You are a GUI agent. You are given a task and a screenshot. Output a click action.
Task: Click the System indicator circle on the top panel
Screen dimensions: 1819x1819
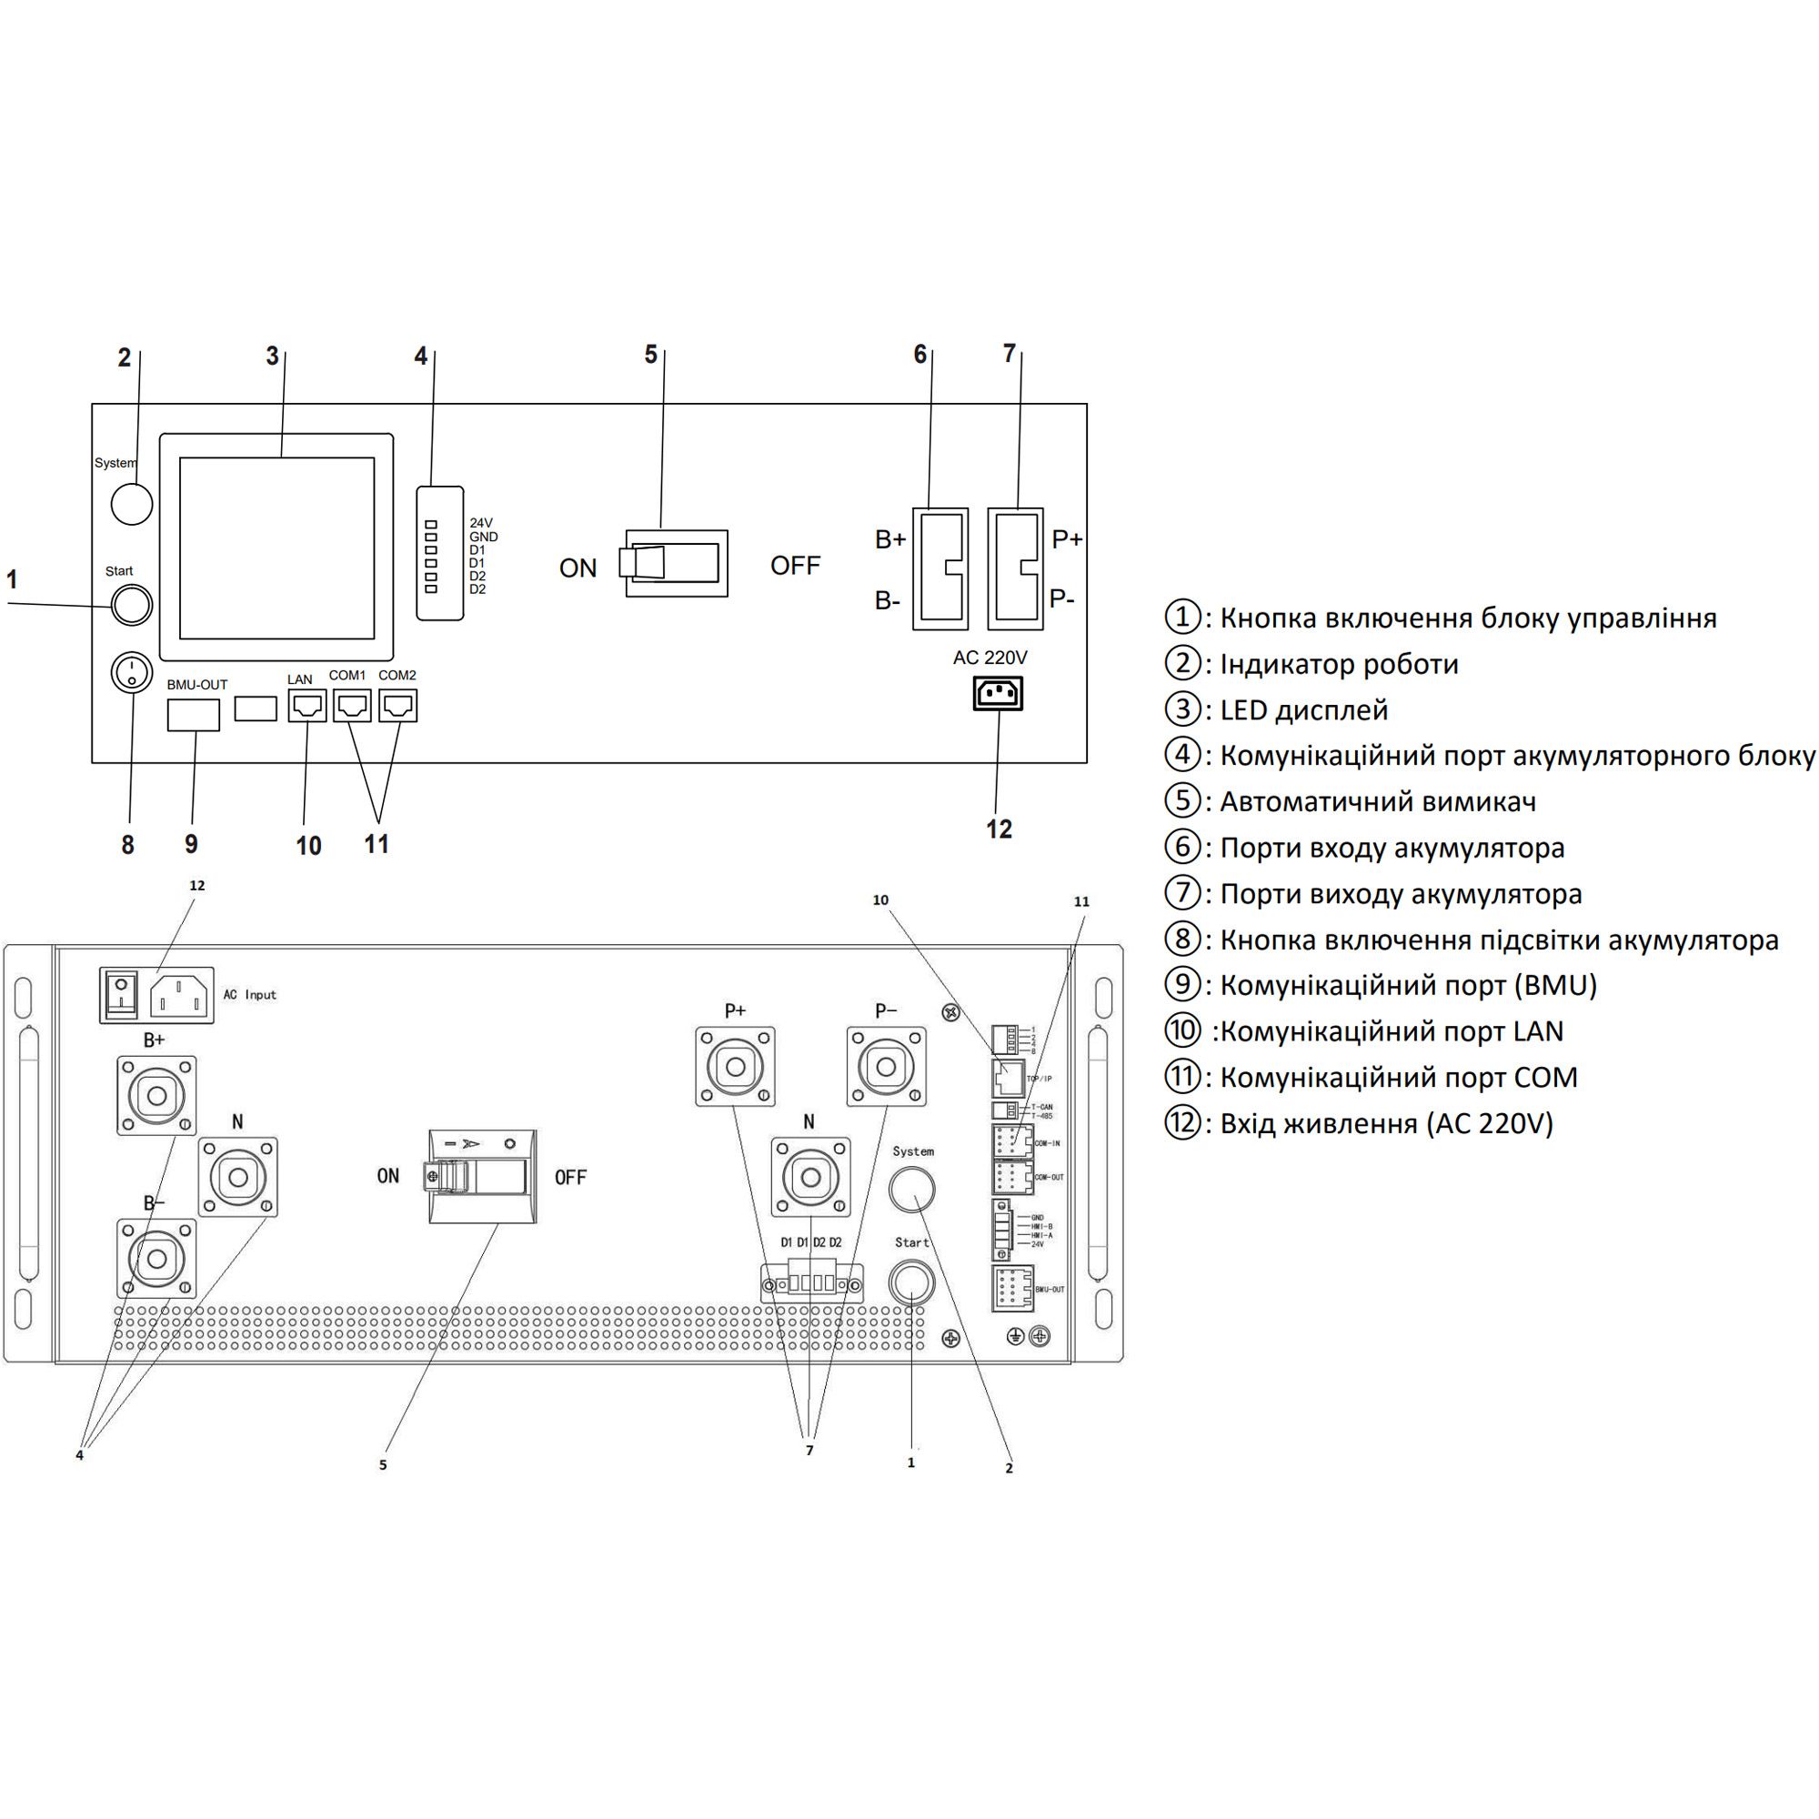(x=132, y=504)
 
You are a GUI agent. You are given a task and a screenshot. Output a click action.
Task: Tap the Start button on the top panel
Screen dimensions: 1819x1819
(x=132, y=605)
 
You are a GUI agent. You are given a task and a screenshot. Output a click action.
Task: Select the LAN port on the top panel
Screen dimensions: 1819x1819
(x=307, y=705)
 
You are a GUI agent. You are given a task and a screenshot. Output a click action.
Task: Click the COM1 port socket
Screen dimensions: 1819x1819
(x=352, y=705)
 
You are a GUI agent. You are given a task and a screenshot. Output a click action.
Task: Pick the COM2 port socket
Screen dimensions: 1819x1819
(x=398, y=705)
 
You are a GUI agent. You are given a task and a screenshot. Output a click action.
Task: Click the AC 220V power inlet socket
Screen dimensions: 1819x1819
(x=998, y=694)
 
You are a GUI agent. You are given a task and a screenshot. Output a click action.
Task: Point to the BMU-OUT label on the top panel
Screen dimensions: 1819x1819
(x=197, y=685)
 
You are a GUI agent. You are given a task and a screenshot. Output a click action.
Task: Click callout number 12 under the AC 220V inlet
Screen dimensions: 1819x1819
(x=999, y=829)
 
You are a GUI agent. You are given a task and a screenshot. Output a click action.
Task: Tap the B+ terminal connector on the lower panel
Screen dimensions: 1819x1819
(x=157, y=1095)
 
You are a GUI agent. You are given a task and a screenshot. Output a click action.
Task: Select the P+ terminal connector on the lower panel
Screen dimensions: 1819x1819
(x=735, y=1067)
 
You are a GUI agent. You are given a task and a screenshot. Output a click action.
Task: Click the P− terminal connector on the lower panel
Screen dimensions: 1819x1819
(x=886, y=1067)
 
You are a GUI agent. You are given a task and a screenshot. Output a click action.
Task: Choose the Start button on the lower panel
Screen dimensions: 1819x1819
(x=911, y=1282)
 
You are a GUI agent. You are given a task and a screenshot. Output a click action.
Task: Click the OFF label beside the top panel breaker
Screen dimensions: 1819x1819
(x=796, y=566)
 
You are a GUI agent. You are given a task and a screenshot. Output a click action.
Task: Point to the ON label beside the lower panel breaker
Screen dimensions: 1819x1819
(x=388, y=1176)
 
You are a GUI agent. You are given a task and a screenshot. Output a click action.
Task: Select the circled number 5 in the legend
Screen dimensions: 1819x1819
(x=1182, y=801)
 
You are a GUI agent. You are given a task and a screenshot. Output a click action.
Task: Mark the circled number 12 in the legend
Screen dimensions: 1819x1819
(x=1182, y=1123)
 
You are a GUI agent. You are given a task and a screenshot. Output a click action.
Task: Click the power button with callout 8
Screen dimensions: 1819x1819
(x=132, y=672)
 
